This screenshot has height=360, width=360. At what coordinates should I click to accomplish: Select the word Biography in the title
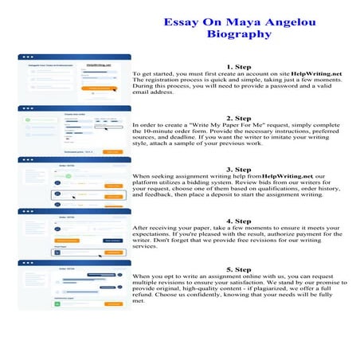239,35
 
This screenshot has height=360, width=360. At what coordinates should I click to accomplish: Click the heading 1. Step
239,67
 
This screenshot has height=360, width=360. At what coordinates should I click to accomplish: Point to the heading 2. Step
239,118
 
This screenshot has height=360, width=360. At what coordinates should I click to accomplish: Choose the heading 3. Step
239,169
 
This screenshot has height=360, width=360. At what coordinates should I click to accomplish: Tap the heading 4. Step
239,220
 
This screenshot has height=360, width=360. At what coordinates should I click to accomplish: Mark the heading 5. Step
239,270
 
